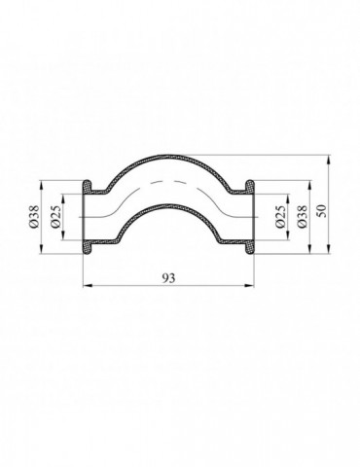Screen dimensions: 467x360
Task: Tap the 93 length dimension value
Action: click(168, 277)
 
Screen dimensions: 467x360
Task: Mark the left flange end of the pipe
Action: click(87, 216)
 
